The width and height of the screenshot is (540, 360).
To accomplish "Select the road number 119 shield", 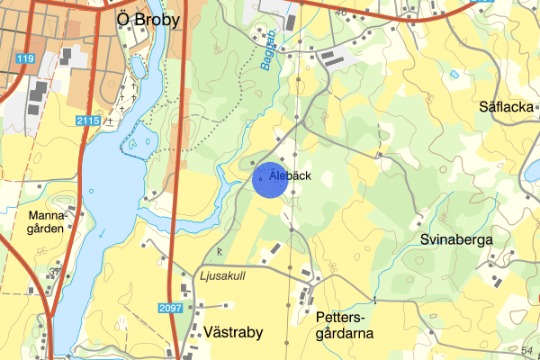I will [24, 59].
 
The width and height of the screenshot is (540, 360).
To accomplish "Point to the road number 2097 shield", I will [170, 308].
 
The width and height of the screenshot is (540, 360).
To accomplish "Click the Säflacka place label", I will [507, 107].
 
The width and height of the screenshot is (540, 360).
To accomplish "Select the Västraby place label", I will [233, 332].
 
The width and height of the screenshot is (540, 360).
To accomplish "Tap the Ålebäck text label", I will [290, 176].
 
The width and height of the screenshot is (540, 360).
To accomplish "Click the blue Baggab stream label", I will [269, 56].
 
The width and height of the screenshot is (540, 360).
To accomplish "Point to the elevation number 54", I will [527, 348].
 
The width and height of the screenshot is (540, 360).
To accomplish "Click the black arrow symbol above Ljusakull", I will [220, 252].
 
